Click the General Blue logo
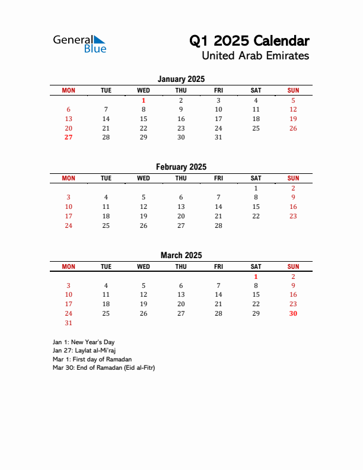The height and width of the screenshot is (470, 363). click(x=79, y=43)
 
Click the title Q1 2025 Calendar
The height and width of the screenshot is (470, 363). click(x=249, y=41)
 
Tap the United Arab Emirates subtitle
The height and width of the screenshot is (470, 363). click(x=255, y=56)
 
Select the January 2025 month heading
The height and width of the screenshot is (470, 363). click(x=181, y=79)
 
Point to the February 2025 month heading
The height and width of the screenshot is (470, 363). click(x=181, y=167)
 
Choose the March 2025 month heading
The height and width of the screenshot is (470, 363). click(x=181, y=255)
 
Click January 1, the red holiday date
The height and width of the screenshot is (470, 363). click(x=144, y=100)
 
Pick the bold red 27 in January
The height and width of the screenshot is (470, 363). click(x=68, y=137)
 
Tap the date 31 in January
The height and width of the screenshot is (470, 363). click(x=218, y=137)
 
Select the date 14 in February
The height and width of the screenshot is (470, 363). click(x=218, y=207)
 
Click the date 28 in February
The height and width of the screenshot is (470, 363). click(x=218, y=226)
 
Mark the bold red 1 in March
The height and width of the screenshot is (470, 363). click(x=256, y=276)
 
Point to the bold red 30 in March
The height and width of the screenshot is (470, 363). click(x=293, y=313)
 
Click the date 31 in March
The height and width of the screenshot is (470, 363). click(x=68, y=323)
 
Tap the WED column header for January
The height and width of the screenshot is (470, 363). click(x=144, y=90)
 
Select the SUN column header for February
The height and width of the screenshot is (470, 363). click(x=293, y=178)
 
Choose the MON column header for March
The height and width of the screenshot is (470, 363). click(x=68, y=266)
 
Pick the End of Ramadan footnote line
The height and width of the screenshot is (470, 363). click(x=103, y=367)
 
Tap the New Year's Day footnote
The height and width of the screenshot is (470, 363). click(x=83, y=342)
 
